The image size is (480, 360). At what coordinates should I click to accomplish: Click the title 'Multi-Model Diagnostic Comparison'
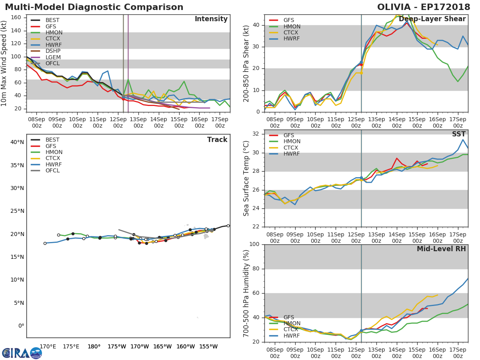coord(94,7)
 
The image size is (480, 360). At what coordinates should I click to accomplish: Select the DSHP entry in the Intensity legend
coord(52,51)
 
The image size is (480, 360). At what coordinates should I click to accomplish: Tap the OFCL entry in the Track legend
coord(52,171)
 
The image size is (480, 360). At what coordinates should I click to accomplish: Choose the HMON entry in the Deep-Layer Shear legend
coord(292,26)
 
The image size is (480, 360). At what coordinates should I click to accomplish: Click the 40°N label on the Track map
coord(17,142)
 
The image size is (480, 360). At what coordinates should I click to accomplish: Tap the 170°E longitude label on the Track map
coord(48,346)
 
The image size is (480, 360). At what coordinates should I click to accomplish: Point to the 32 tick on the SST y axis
coord(256,134)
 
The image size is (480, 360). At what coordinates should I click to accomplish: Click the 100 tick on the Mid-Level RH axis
coord(254,244)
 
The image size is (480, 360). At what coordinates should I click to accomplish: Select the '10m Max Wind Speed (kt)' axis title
coord(4,63)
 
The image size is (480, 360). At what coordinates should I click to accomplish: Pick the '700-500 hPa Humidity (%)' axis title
coord(246,293)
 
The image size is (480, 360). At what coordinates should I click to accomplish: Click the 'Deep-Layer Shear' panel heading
coord(432,19)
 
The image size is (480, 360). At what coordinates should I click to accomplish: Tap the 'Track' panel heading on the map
coord(217,140)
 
